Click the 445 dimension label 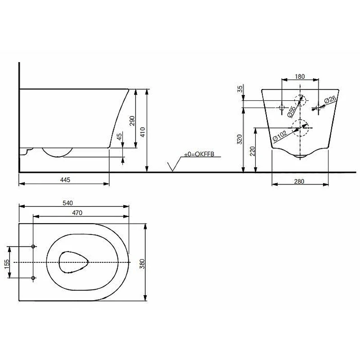pos(65,180)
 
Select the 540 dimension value pos(68,203)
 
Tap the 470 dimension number pos(77,213)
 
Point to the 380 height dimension pos(142,264)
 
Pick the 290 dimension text pos(132,121)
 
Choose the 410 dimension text pos(143,132)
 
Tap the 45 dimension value pos(119,137)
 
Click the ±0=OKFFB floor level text pos(199,154)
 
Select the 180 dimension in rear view pos(300,76)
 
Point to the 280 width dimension pos(299,181)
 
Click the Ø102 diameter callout pos(279,136)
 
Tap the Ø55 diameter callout pos(291,112)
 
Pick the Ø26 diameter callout pos(330,99)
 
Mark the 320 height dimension pos(239,139)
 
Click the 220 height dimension pos(252,151)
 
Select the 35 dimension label pos(240,89)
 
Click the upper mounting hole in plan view pos(33,246)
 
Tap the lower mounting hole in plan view pos(33,278)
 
